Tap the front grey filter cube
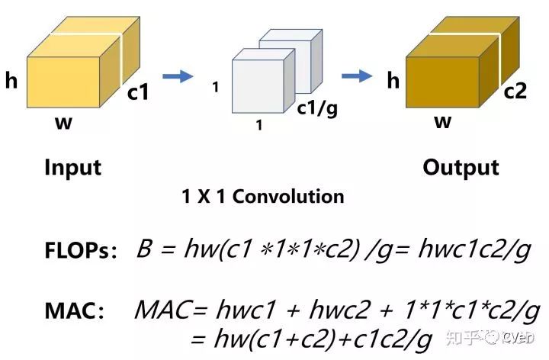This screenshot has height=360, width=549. pos(258,82)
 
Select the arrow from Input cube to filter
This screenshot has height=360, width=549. pos(178,76)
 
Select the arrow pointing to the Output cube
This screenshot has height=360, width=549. pos(356,76)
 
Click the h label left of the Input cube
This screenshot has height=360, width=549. pos(11,81)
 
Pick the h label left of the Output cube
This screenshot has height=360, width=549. pos(393,80)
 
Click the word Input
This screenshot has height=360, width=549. pos(72,167)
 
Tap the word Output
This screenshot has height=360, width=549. pos(461,167)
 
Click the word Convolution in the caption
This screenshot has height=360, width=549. pos(288,197)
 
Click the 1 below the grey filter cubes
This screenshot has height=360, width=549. pos(259,127)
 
